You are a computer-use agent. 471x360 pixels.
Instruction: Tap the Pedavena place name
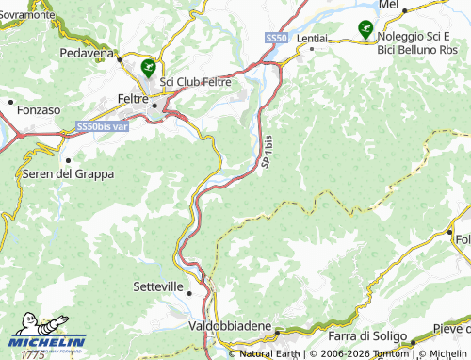click(x=85, y=53)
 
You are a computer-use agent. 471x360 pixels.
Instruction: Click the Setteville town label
click(x=159, y=286)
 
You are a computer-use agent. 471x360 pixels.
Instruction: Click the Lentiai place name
click(x=312, y=38)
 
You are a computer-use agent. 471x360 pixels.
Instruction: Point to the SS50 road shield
click(x=275, y=37)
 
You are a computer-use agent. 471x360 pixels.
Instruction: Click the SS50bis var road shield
click(x=101, y=125)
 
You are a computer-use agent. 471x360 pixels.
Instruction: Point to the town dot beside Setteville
click(x=189, y=292)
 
